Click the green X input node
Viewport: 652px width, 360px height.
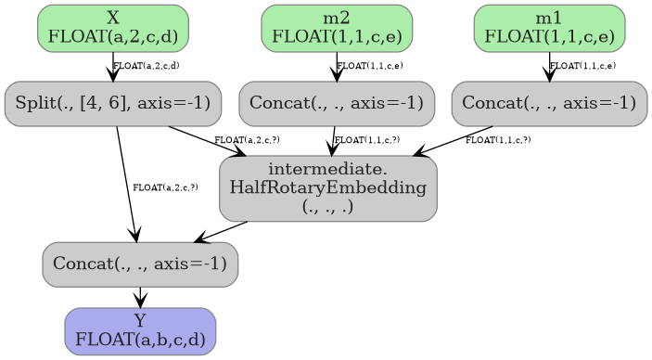[112, 28]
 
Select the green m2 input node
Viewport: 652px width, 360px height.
[337, 28]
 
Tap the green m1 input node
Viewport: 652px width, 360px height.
[549, 28]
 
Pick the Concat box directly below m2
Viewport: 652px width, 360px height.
[337, 103]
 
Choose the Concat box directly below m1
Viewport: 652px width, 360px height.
[549, 103]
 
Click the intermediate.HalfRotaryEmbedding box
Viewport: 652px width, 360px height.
[328, 189]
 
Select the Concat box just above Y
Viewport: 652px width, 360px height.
[140, 264]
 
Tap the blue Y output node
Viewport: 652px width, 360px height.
[140, 331]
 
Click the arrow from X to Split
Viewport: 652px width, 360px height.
[112, 67]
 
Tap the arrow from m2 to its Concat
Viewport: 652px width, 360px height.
[337, 67]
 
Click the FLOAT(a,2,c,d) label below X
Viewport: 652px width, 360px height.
[147, 66]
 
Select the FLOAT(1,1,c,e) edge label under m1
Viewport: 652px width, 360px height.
[582, 66]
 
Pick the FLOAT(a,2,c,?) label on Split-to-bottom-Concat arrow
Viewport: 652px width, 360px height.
[165, 187]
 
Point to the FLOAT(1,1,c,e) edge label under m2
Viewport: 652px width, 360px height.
[369, 66]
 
